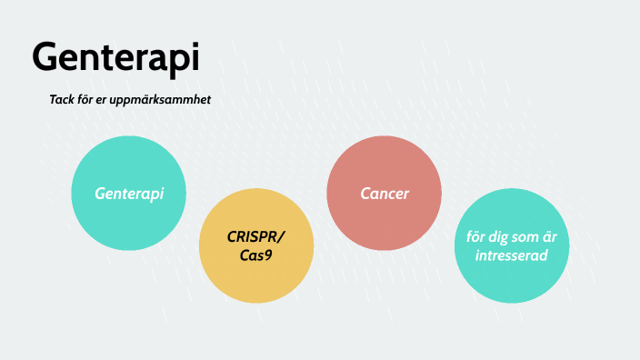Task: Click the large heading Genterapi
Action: coord(115,57)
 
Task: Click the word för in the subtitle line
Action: coord(93,99)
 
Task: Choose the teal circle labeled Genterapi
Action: coord(129,193)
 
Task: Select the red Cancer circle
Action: coord(384,193)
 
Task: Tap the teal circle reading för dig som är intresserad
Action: coord(511,246)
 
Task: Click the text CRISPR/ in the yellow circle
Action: coord(256,237)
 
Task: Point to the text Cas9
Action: coord(256,255)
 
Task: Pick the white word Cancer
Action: coord(385,194)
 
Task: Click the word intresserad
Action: coord(512,256)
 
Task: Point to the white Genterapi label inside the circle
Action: coord(129,194)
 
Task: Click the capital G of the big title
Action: coord(45,57)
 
